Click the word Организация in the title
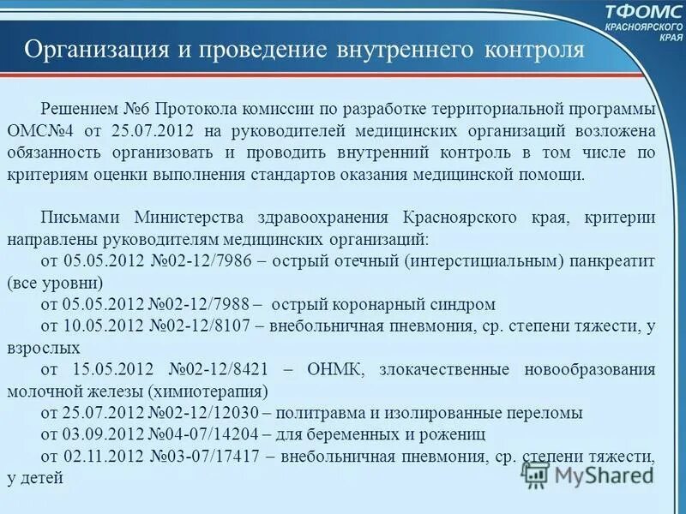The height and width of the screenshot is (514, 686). tap(95, 50)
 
